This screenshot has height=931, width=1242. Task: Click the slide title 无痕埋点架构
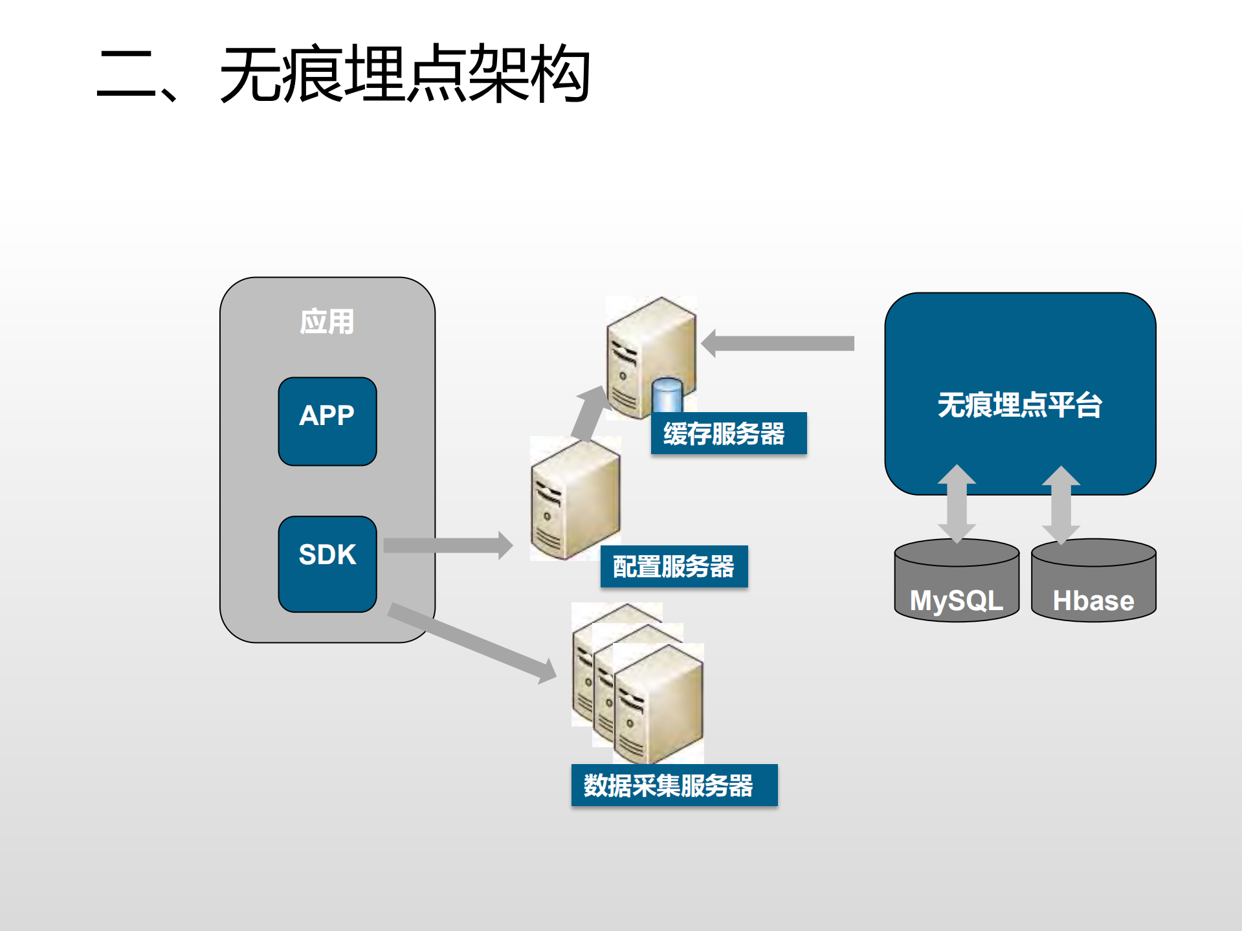tap(343, 74)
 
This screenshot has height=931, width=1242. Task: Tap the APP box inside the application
tap(327, 421)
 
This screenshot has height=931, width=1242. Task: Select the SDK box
tap(327, 563)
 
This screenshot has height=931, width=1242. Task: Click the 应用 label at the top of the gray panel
tap(327, 322)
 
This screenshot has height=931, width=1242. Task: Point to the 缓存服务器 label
tap(728, 433)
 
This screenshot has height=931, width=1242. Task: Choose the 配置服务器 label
tap(674, 566)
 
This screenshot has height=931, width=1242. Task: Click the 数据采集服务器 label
tap(674, 785)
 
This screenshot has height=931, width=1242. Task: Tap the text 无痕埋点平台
tap(1019, 405)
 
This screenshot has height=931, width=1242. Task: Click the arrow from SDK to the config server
tap(447, 545)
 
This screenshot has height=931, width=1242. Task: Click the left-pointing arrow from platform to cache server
tap(777, 343)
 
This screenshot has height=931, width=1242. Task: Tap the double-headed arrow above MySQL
tap(957, 503)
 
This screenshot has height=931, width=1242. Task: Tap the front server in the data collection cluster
tap(658, 705)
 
